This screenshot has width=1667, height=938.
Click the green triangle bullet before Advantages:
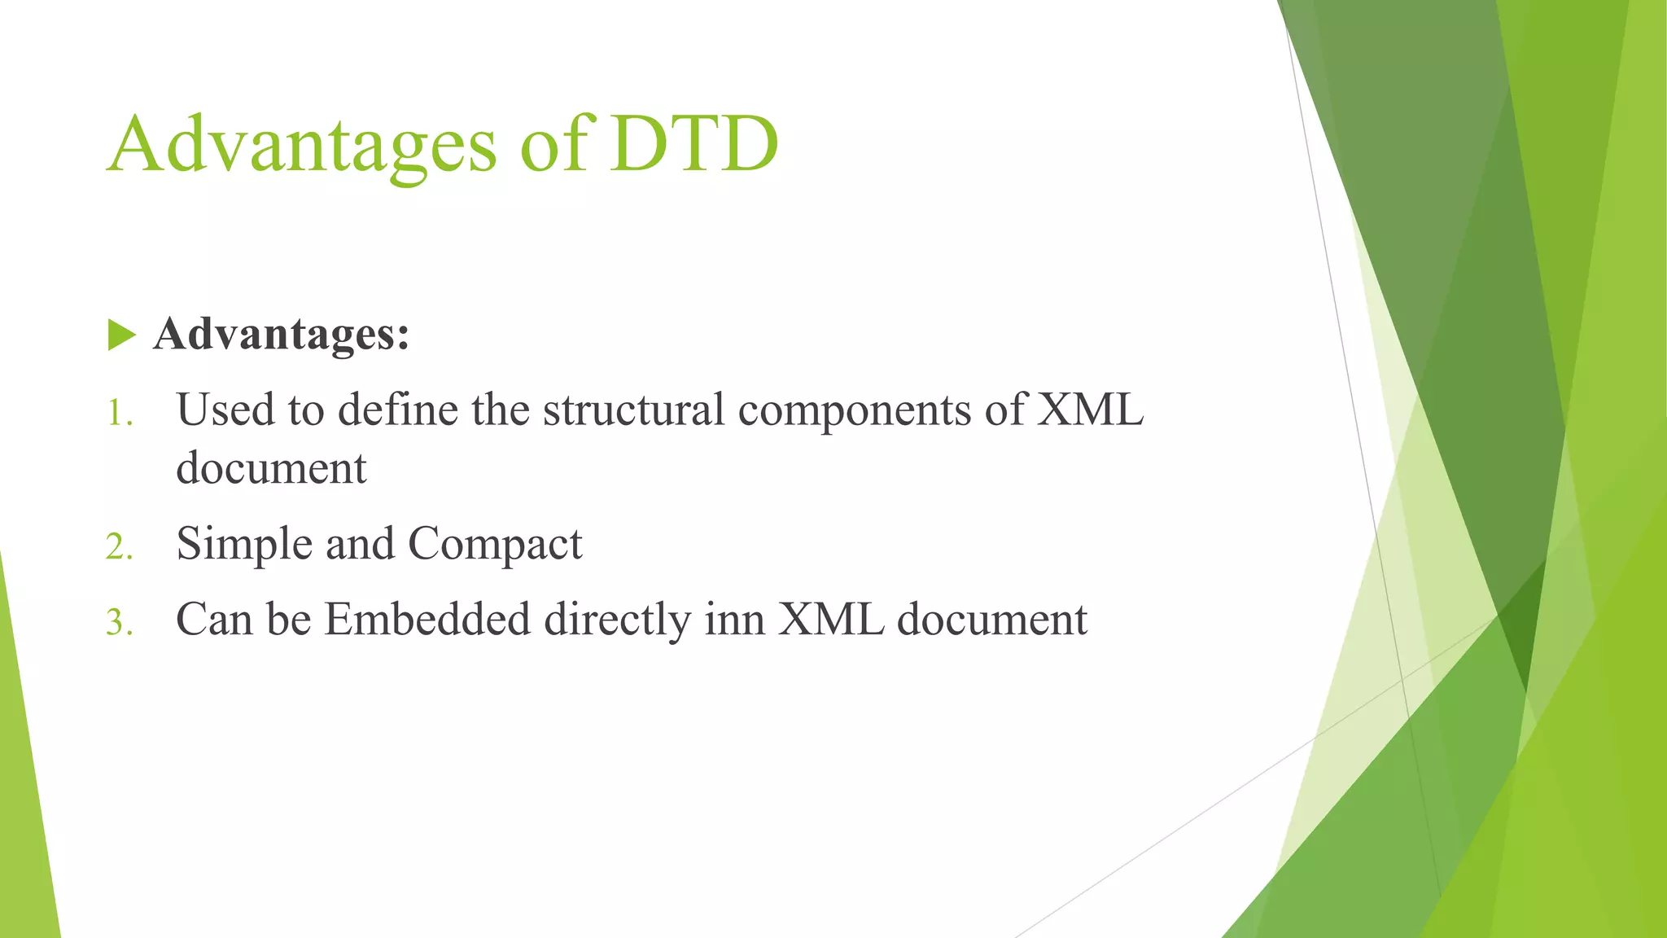tap(120, 335)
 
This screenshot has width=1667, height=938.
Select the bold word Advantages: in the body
tap(281, 334)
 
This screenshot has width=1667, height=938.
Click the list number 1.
tap(120, 413)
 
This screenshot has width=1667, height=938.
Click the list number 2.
tap(119, 546)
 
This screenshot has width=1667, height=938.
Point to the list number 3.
tap(119, 623)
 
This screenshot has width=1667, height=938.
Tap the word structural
tap(633, 410)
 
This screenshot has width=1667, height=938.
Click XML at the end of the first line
tap(1090, 410)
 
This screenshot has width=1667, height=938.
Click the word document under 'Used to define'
tap(271, 468)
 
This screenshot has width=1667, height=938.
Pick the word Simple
tap(244, 544)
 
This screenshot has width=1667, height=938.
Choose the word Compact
tap(495, 544)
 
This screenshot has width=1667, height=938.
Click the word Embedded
tap(427, 620)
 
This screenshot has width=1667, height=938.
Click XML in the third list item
tap(830, 620)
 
